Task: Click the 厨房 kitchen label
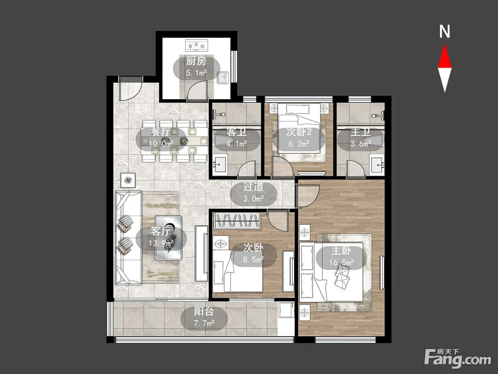click(196, 61)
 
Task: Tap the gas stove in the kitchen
click(197, 45)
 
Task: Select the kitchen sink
click(223, 78)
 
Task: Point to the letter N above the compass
click(445, 32)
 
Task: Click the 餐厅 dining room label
click(161, 132)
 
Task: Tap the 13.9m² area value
click(161, 243)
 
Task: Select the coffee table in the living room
click(168, 238)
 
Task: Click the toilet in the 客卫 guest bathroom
click(223, 140)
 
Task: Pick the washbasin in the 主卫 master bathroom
click(377, 165)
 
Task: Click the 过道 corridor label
click(253, 187)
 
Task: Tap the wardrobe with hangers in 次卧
click(237, 221)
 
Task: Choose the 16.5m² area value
click(341, 263)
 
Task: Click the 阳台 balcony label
click(204, 312)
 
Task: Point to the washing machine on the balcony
click(286, 310)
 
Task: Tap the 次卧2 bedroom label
click(299, 132)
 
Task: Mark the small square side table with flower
click(128, 180)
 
